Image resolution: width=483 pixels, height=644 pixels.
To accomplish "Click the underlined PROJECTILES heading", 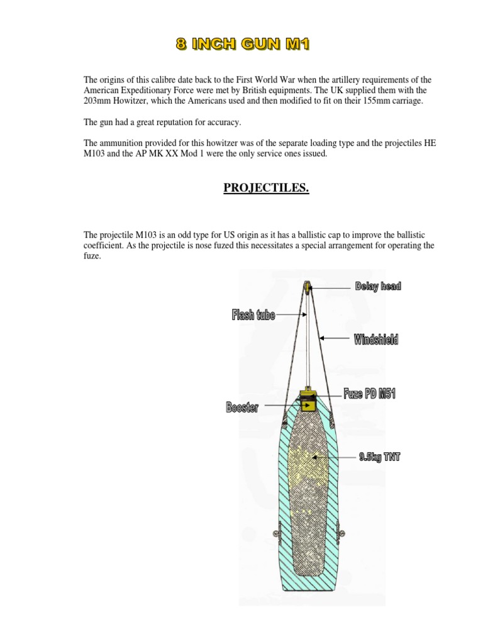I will click(x=267, y=189).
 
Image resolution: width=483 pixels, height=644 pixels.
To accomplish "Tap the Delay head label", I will click(x=377, y=286).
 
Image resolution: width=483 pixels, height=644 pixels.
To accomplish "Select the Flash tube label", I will click(x=253, y=315).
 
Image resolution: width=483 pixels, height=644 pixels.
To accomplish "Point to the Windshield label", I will click(x=375, y=340).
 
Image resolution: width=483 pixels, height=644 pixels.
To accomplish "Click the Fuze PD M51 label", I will click(x=369, y=394).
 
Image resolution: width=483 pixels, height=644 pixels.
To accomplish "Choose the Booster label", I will click(x=243, y=408).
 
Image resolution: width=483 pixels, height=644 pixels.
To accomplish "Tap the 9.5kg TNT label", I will click(x=379, y=457).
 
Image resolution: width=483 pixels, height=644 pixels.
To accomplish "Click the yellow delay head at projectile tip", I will click(x=306, y=287).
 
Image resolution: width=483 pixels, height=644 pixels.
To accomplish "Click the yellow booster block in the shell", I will click(x=307, y=406).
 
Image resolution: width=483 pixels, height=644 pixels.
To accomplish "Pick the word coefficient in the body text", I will click(x=104, y=245).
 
